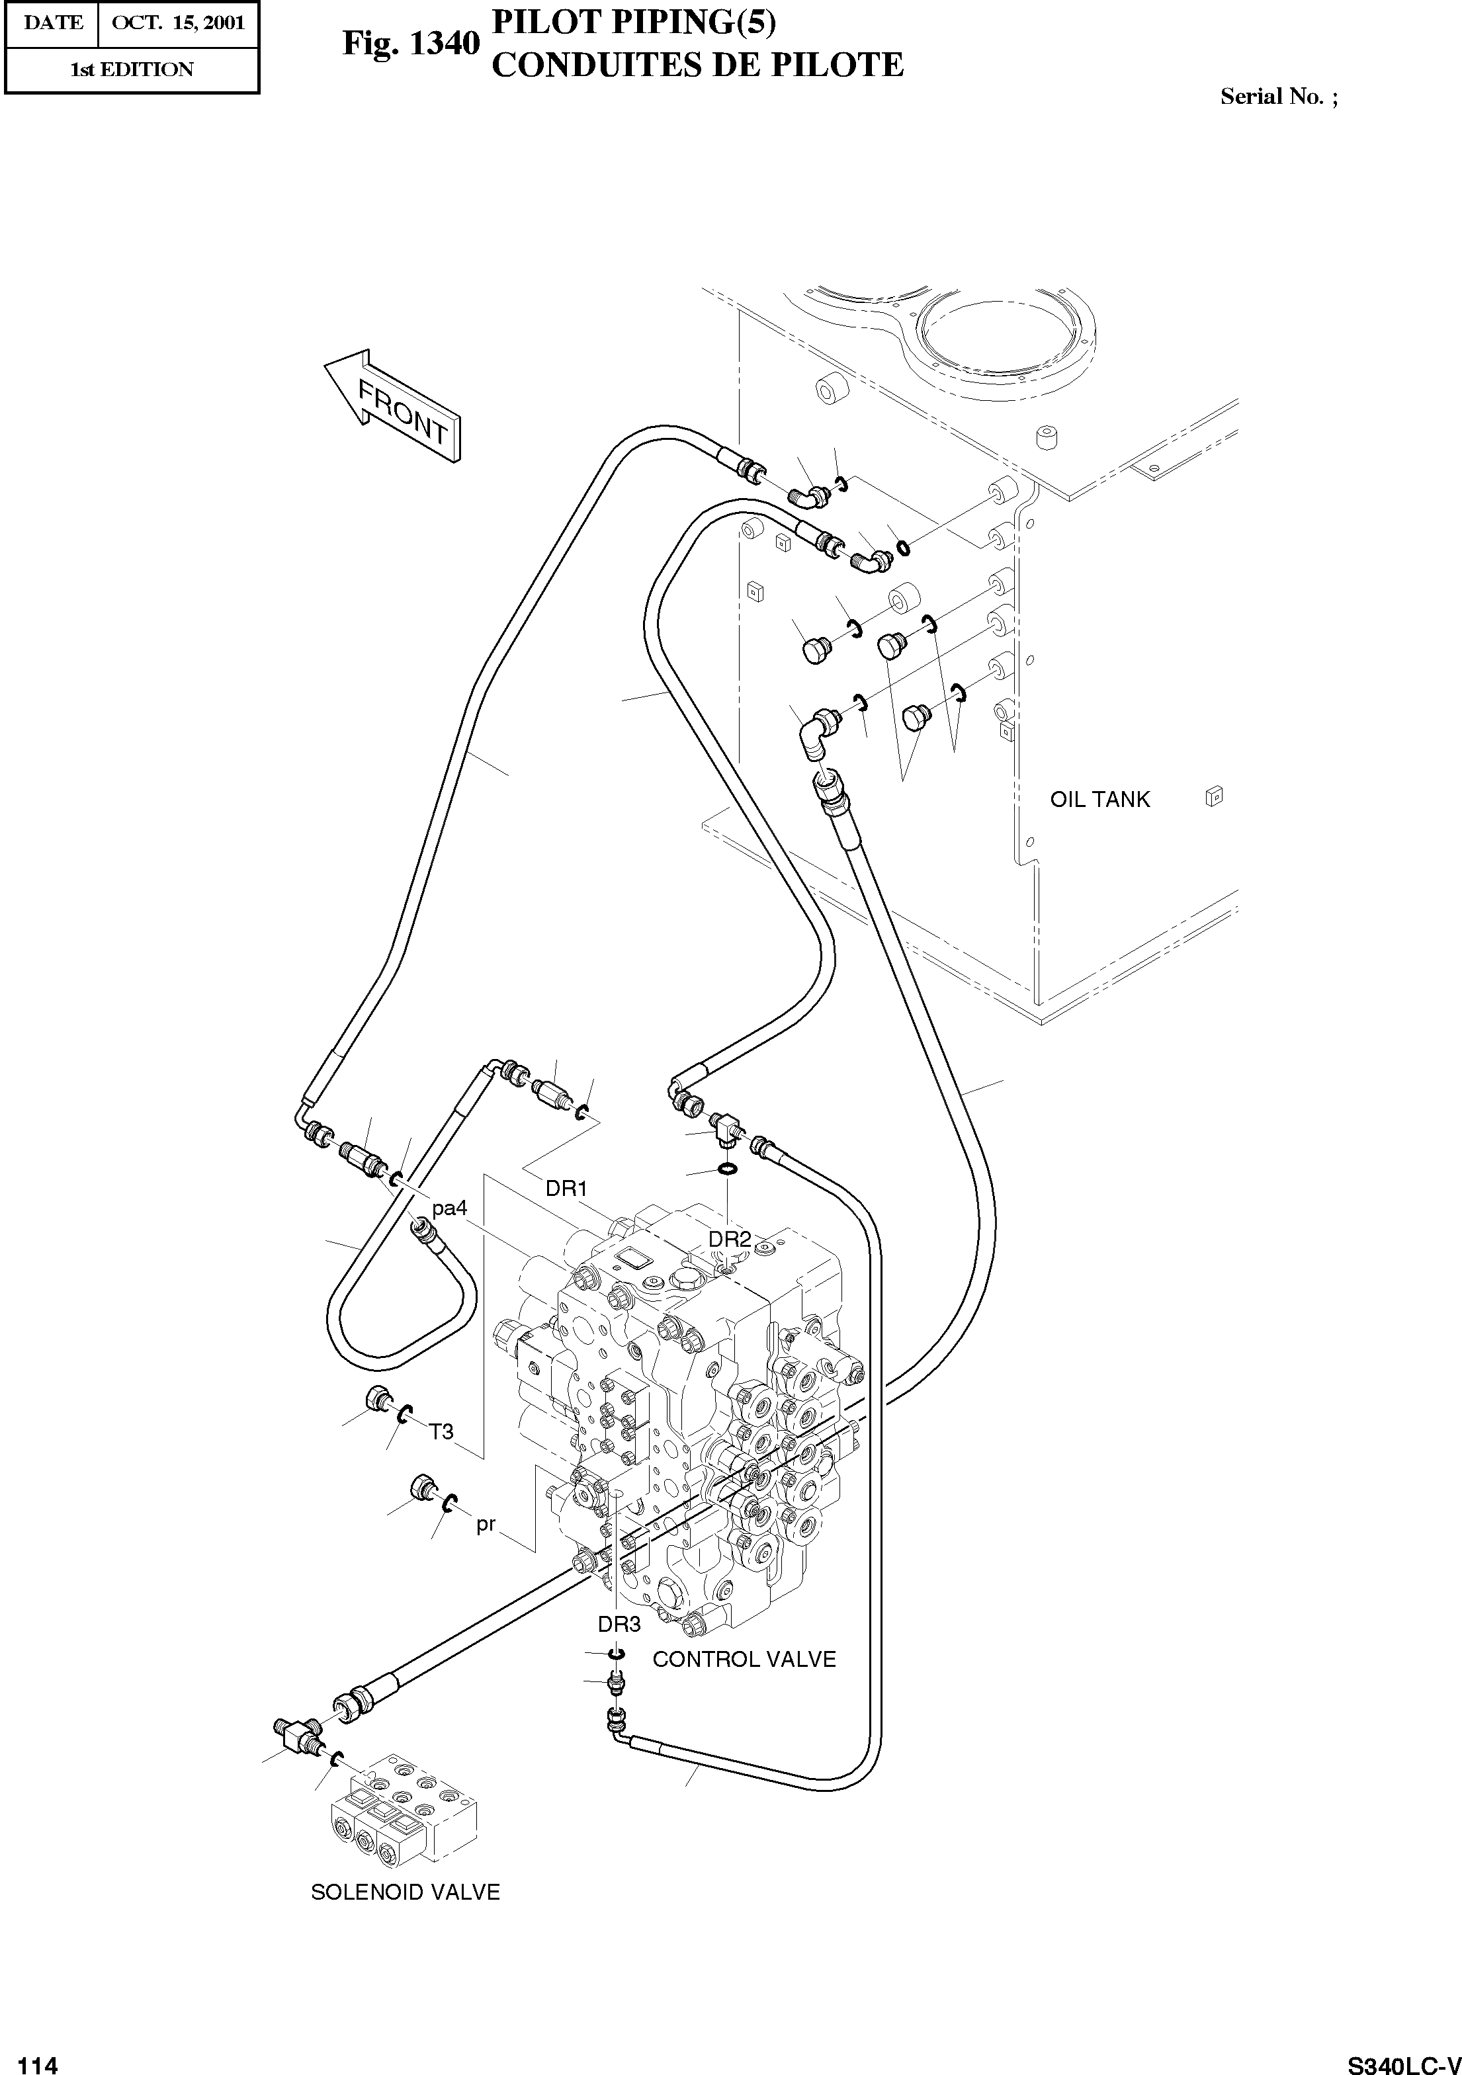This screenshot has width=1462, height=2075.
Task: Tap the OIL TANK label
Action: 1099,799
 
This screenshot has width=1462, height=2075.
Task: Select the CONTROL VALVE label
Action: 744,1660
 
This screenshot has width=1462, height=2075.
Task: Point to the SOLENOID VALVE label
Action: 405,1892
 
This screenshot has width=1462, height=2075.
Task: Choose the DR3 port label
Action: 619,1624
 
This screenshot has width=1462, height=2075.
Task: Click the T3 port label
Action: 441,1431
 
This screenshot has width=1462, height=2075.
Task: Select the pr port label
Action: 486,1525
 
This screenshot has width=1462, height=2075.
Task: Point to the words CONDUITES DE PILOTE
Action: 697,65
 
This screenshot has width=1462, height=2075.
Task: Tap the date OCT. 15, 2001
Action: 178,22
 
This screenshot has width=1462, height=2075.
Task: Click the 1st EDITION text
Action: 132,69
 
